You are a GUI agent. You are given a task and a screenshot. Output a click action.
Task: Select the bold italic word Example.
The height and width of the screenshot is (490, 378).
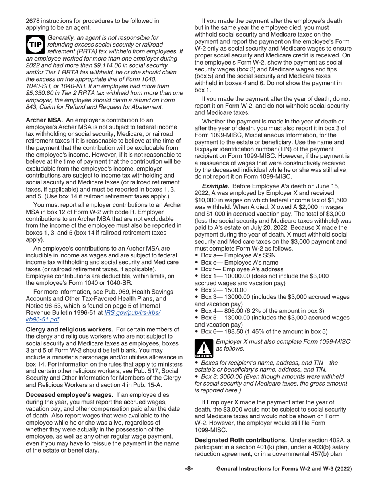[x=216, y=186]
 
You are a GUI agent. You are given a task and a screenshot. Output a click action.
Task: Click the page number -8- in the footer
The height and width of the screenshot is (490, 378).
[x=189, y=469]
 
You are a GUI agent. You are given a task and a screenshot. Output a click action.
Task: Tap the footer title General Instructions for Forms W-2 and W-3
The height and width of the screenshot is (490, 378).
[x=284, y=469]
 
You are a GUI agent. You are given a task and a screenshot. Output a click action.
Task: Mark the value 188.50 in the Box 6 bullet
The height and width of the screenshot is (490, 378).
[x=236, y=331]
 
